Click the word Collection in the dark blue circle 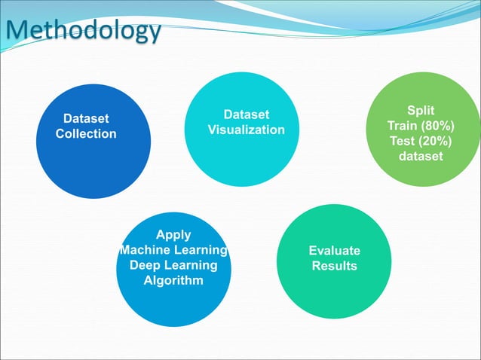(86, 134)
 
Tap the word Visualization (247, 130)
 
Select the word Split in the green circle (421, 110)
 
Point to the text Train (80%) (421, 126)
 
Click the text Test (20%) (421, 142)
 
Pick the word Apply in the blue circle (173, 235)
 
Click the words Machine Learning (173, 250)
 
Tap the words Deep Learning (173, 265)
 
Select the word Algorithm (173, 281)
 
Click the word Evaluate (335, 251)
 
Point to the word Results (335, 267)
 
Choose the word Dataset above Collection (86, 119)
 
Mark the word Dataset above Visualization (247, 114)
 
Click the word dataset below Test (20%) (421, 157)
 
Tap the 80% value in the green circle (437, 126)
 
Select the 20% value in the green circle (434, 142)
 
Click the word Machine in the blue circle (145, 250)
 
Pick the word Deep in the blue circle (146, 265)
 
